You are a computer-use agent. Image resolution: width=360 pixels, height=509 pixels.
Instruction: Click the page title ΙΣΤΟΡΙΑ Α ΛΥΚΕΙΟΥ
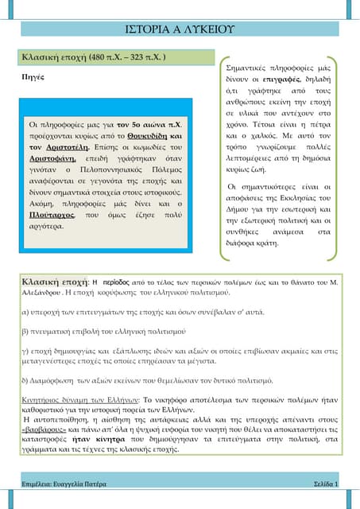pos(180,29)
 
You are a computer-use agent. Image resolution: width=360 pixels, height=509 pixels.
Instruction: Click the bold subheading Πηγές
pos(33,80)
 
